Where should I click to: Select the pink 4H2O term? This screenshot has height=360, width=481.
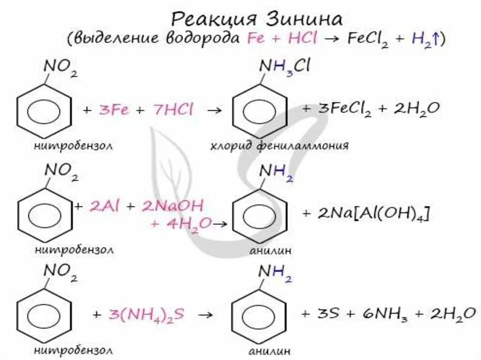(181, 223)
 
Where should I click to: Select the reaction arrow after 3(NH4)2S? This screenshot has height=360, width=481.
(203, 314)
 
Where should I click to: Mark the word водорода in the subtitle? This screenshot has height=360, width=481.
(204, 38)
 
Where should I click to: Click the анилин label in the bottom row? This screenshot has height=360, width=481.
(271, 351)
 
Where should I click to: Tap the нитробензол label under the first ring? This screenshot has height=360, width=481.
(74, 146)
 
